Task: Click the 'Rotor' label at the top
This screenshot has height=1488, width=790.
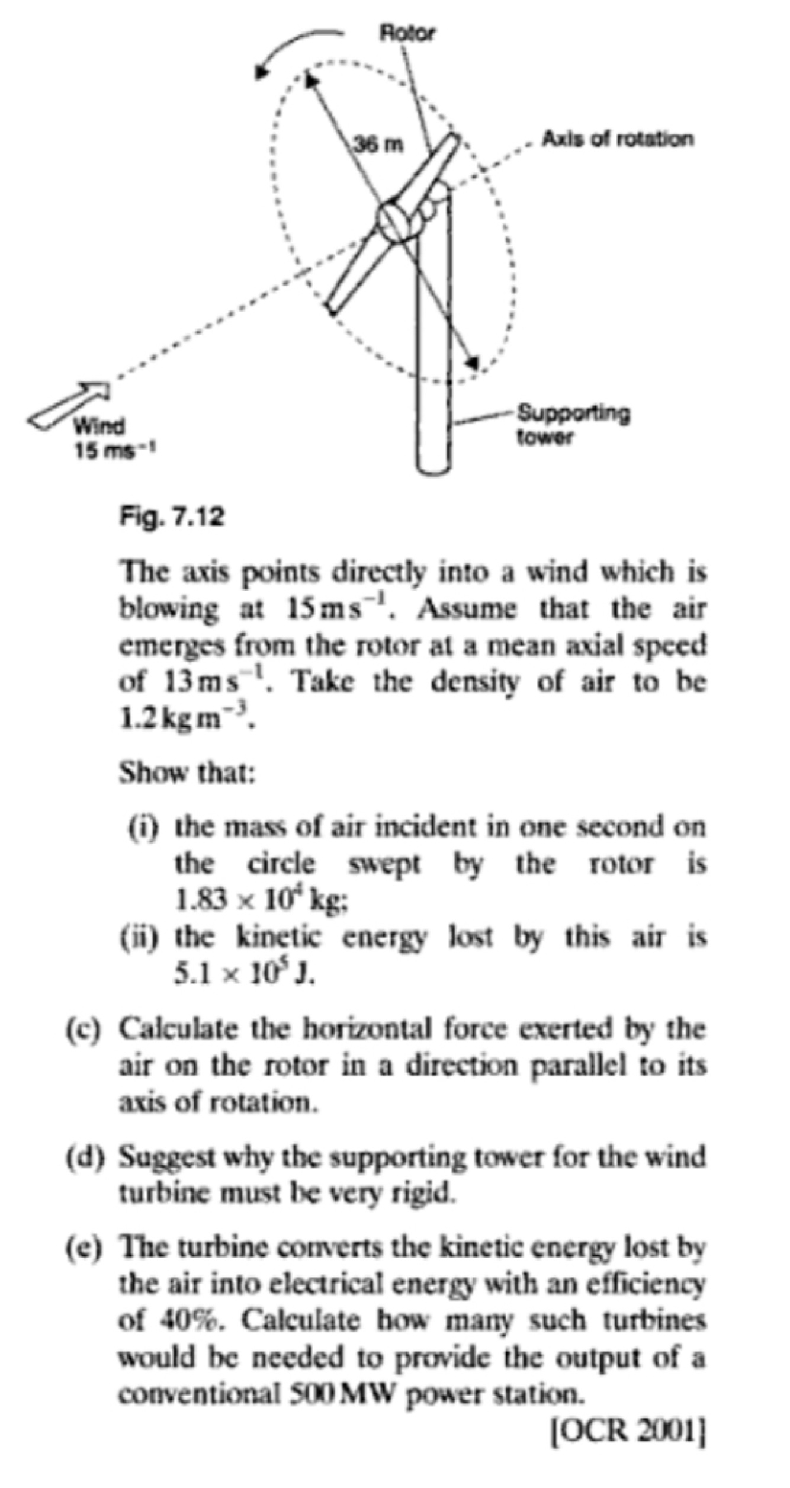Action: pos(406,33)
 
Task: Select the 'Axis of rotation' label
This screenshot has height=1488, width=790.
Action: pos(617,139)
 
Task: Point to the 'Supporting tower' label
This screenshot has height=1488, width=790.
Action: pos(573,425)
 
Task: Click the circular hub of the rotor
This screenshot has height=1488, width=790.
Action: pos(394,222)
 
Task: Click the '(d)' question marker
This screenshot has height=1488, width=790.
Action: pos(84,1156)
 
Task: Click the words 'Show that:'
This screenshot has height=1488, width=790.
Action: pos(187,772)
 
